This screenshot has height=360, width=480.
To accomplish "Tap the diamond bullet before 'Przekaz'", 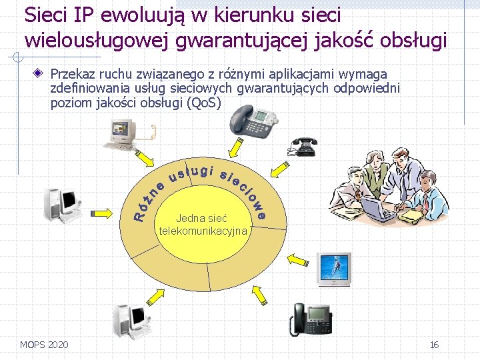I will [x=41, y=74].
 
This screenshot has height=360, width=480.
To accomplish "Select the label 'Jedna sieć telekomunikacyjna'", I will [x=203, y=225].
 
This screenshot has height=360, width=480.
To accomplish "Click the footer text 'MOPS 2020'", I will [x=44, y=344].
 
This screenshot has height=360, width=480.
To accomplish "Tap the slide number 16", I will [x=434, y=344].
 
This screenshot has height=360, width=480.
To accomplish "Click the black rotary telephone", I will [x=303, y=146].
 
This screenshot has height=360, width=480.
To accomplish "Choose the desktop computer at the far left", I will [x=61, y=203].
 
